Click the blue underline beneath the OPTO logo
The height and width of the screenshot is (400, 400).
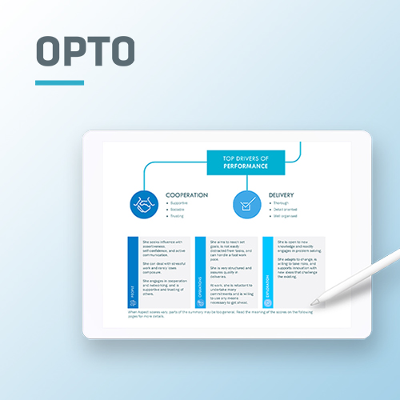point(59,82)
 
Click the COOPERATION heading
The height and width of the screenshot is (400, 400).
point(186,194)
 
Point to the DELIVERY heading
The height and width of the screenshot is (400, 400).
point(286,194)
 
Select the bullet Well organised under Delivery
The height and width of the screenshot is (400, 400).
point(286,216)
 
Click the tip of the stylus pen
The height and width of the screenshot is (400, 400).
point(314,302)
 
